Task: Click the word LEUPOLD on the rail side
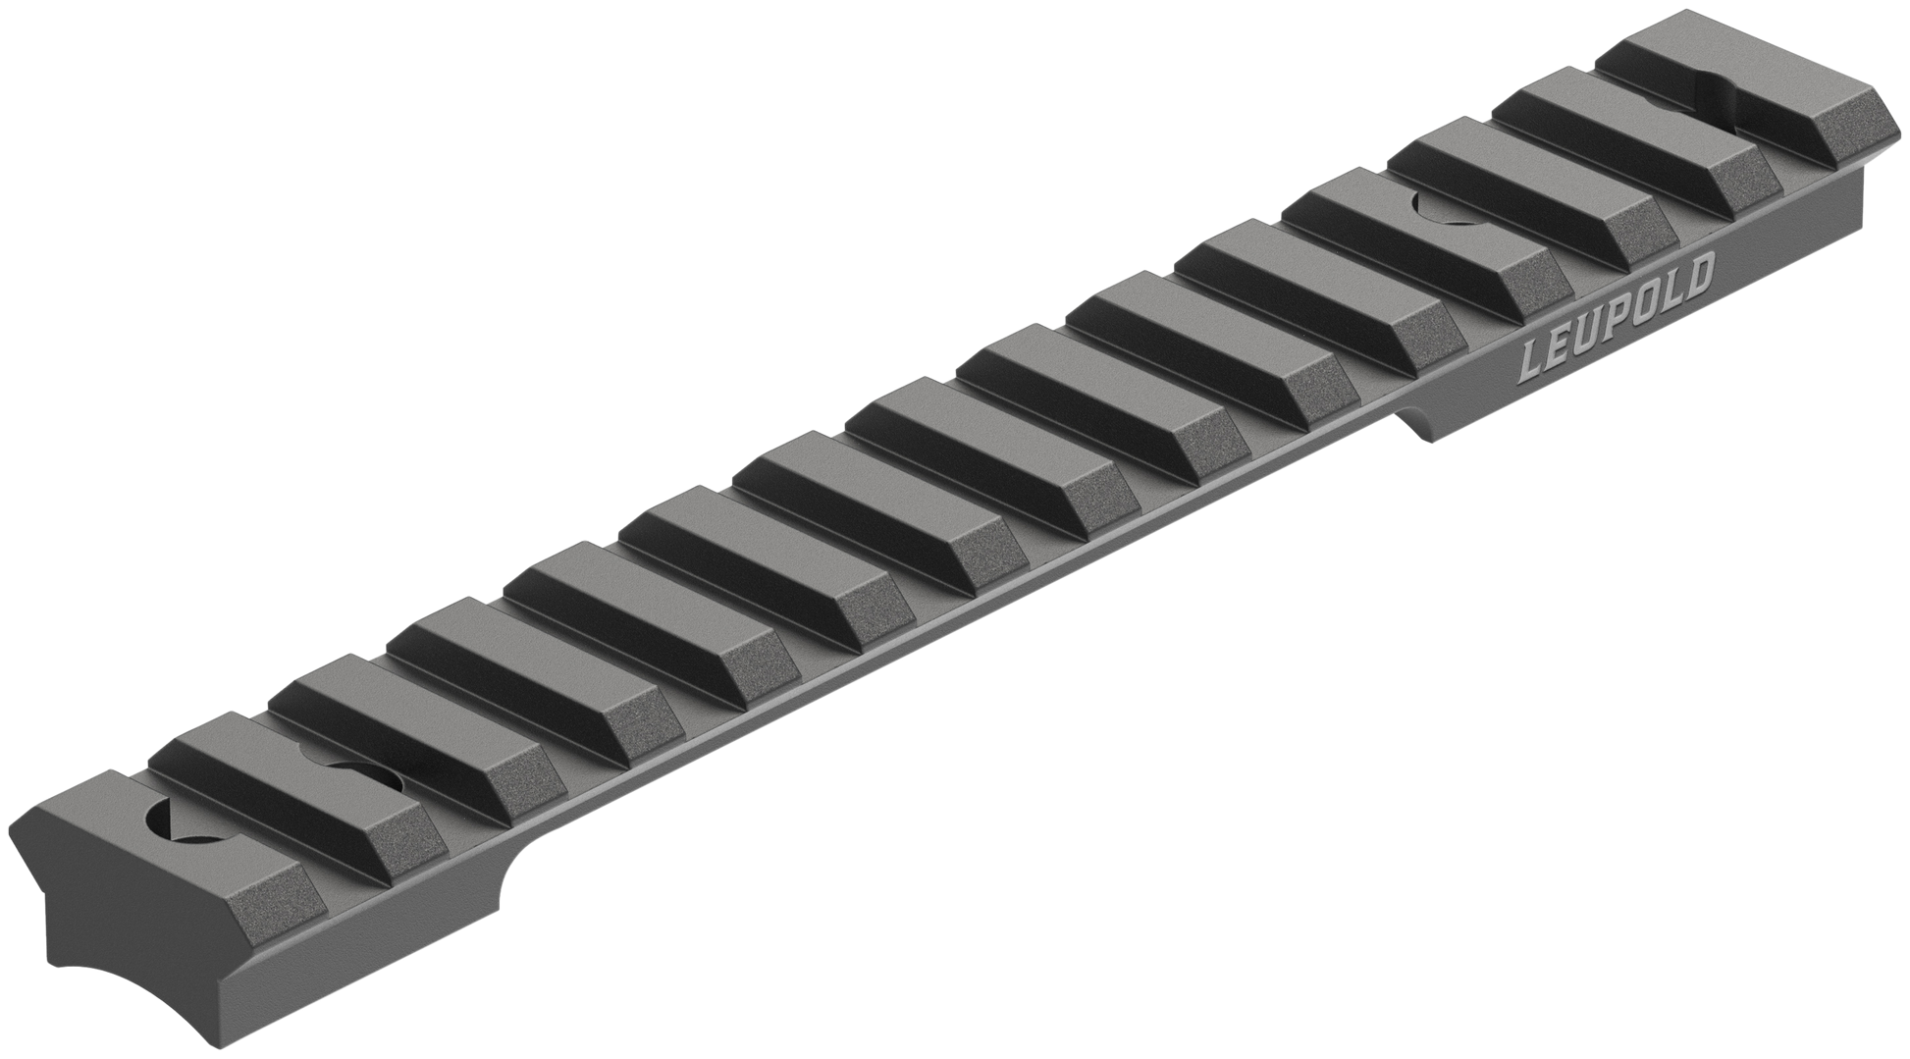[x=1618, y=317]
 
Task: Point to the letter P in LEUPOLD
[x=1618, y=317]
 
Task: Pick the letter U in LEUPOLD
[x=1588, y=333]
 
